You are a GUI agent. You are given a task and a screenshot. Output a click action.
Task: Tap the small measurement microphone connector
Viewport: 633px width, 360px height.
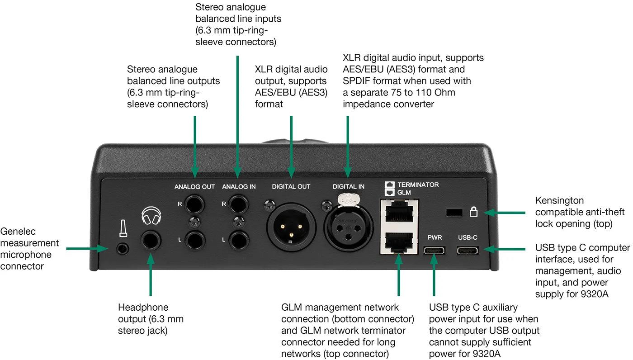coord(121,248)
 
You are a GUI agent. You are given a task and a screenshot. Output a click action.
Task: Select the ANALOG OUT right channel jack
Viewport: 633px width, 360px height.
coord(195,204)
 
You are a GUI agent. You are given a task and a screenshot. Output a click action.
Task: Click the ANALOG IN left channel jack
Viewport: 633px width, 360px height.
coord(238,239)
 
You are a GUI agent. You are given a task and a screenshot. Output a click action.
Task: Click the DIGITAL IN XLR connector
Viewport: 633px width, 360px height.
coord(348,224)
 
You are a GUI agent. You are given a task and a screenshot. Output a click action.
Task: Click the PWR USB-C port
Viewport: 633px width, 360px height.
coord(434,250)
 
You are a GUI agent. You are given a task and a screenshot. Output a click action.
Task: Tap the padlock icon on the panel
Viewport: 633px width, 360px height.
coord(473,211)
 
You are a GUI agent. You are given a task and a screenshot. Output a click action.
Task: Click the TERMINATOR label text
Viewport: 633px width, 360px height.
coord(418,185)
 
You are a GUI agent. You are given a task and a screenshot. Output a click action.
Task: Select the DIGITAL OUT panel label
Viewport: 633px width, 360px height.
coord(291,186)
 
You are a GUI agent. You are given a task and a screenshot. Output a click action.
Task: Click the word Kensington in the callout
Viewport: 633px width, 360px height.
coord(559,200)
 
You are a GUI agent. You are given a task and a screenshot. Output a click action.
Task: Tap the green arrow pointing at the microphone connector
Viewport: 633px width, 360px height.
coord(86,248)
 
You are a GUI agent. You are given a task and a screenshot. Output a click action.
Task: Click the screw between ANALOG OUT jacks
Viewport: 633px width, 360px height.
coord(195,222)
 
